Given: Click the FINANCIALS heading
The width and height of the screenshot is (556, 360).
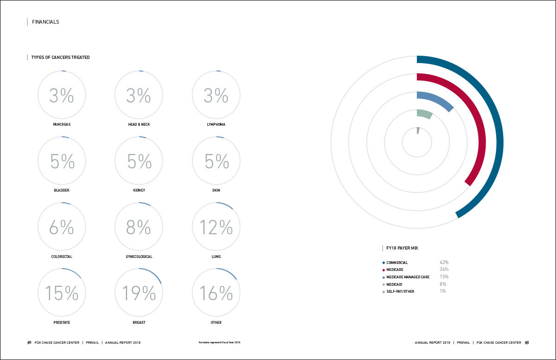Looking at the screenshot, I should [45, 22].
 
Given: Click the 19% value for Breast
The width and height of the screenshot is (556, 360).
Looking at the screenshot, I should [139, 293].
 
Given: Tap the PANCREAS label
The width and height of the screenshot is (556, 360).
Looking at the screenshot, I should [62, 124].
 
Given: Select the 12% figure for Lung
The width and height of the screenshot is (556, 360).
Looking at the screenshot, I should [216, 227].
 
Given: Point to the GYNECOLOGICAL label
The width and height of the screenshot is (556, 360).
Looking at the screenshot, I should [139, 257].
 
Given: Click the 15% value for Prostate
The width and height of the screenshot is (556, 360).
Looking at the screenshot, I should [62, 293].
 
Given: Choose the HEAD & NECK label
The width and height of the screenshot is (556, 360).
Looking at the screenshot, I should [139, 124].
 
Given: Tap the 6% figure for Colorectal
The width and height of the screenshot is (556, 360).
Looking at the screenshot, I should [62, 227].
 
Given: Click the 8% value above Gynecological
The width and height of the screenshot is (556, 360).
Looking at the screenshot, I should [139, 227].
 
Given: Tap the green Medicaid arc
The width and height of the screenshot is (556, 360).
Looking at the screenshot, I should [424, 114].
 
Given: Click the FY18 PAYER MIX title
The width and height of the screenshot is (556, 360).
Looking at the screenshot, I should [402, 248].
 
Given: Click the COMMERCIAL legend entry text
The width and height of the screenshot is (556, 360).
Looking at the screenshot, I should [397, 263].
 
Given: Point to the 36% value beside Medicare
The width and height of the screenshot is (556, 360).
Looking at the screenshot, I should [444, 270].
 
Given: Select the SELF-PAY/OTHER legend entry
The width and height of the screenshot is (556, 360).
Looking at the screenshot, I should [400, 291].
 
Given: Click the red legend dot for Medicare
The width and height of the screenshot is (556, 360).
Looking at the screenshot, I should [383, 270].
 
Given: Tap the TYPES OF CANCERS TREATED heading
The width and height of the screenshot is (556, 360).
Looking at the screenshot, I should [60, 58].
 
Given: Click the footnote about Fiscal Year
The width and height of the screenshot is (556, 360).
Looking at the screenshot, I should [219, 343].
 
